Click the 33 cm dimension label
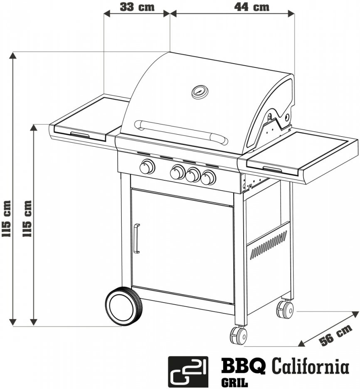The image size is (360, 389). (137, 7)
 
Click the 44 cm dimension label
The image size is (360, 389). (252, 7)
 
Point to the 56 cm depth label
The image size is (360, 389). (336, 335)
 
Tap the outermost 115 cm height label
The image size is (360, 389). (7, 219)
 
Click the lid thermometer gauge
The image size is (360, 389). (200, 92)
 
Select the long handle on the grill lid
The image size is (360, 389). (181, 133)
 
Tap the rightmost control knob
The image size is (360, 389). (208, 177)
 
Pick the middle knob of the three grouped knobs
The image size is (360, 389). (193, 175)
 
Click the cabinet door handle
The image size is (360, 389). (136, 239)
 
